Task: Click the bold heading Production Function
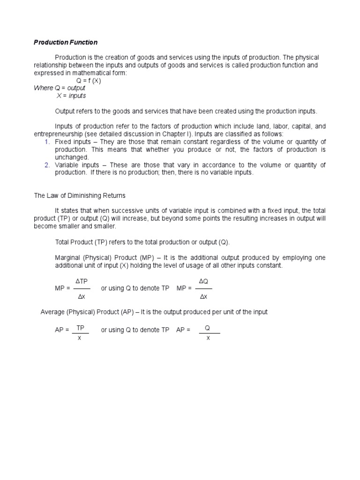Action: pos(66,43)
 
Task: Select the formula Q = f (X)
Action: pos(89,81)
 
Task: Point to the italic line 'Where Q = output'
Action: pos(60,88)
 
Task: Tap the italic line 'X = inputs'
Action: pos(71,96)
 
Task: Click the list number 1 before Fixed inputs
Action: pos(47,142)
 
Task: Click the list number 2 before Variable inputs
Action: pos(47,165)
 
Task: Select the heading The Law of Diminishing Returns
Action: pos(79,195)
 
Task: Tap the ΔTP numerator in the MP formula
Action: pos(82,281)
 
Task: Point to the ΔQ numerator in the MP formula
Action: pos(203,281)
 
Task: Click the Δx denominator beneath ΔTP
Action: pos(82,297)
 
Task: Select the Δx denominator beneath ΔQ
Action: pos(203,297)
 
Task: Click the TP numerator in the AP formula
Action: pos(80,328)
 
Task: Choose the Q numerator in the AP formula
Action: pos(208,328)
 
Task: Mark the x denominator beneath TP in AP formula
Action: pos(80,338)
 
